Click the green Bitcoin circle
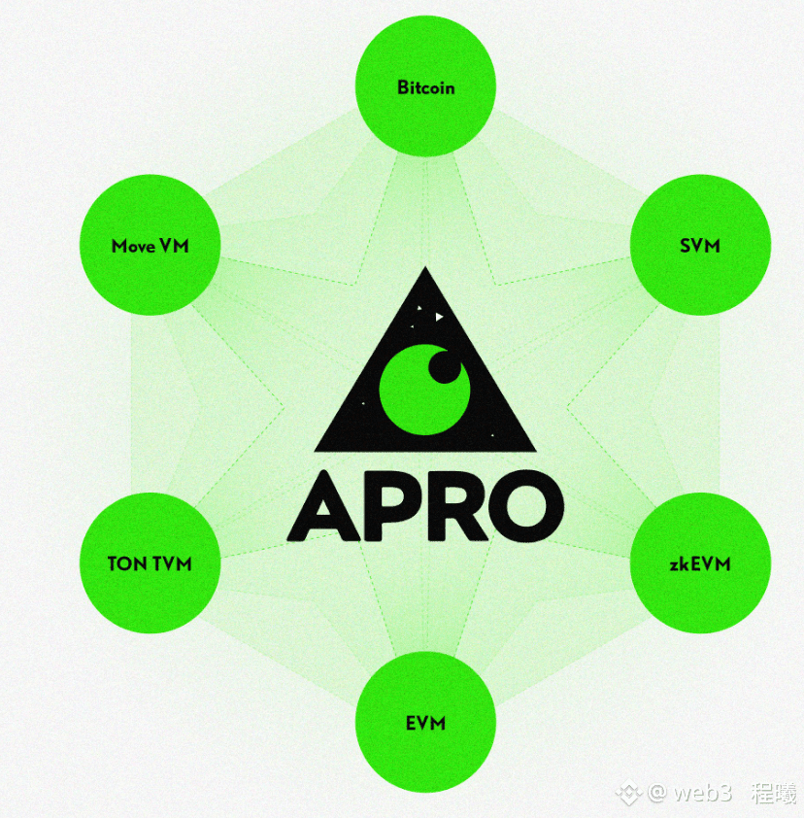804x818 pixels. pyautogui.click(x=426, y=87)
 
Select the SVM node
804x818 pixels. pyautogui.click(x=700, y=245)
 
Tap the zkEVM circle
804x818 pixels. pyautogui.click(x=700, y=563)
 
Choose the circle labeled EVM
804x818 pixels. pyautogui.click(x=426, y=723)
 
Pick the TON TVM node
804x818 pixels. pyautogui.click(x=150, y=562)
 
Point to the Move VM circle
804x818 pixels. pyautogui.click(x=150, y=245)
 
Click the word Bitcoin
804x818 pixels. pyautogui.click(x=426, y=87)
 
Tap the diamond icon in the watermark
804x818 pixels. pyautogui.click(x=632, y=795)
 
